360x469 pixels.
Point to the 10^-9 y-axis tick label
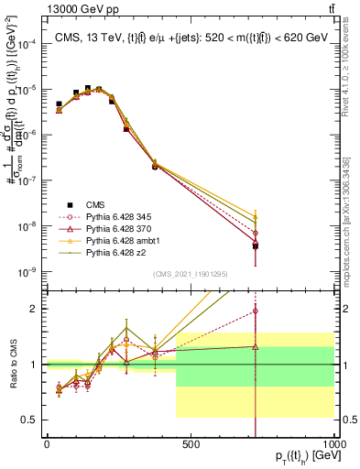coord(25,272)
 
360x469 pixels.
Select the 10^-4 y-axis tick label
coord(25,44)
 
